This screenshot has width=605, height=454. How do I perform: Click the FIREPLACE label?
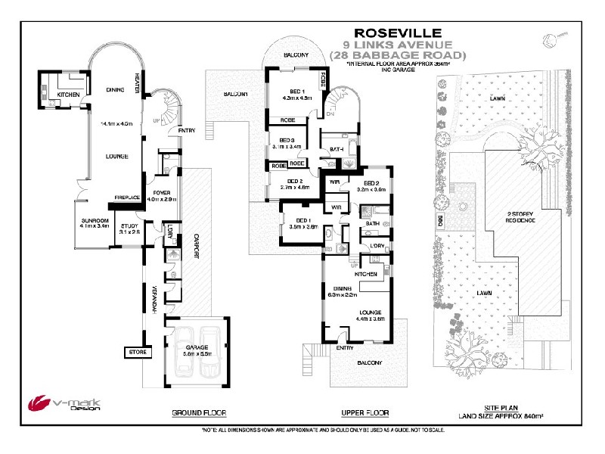tap(127, 197)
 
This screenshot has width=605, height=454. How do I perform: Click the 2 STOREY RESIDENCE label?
tap(521, 217)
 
